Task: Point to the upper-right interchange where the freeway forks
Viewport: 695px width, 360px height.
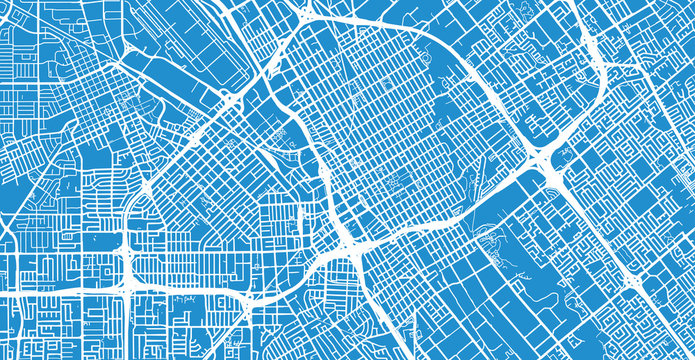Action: [x=606, y=62]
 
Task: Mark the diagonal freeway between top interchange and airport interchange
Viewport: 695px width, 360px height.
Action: [x=270, y=60]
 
